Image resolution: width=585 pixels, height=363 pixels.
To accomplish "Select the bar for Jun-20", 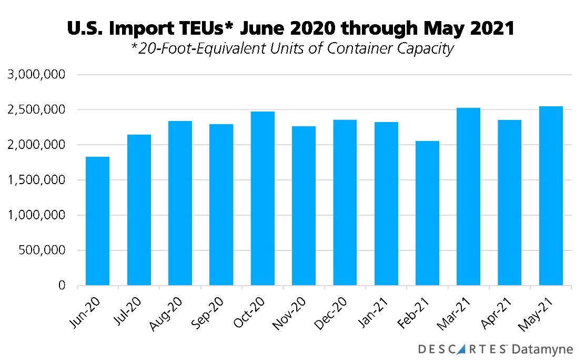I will point(97,221).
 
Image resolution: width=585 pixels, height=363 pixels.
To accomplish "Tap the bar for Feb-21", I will point(427,213).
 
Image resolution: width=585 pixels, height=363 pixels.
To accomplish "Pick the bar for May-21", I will point(551,196).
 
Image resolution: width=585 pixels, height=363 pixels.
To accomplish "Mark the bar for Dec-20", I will point(345,203).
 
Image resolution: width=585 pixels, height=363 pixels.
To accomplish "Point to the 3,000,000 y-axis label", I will point(36,75).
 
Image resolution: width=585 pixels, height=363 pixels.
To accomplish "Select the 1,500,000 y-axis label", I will point(36,180).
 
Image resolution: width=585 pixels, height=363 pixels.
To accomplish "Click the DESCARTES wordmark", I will point(463,349).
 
